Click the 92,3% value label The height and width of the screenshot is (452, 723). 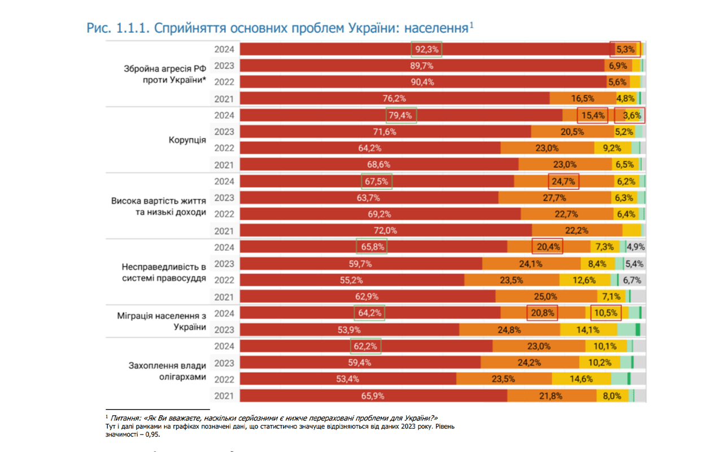tap(426, 50)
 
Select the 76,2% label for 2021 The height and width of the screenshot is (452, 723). tap(394, 98)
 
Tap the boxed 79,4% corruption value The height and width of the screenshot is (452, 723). tap(400, 115)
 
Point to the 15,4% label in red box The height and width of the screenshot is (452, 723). tap(592, 115)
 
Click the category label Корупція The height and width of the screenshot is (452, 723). tap(187, 140)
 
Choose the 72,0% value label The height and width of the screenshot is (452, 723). tap(385, 231)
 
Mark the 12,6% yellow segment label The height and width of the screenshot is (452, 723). tap(584, 280)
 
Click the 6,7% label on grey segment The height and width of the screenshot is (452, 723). tap(633, 280)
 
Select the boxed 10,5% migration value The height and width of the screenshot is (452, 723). tap(606, 313)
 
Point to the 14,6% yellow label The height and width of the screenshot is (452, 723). tap(581, 379)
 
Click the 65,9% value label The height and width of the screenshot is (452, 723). tap(373, 396)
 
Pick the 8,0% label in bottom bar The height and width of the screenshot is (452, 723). tap(612, 396)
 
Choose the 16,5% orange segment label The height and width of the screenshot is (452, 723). tap(583, 98)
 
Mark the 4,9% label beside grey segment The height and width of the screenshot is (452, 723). tap(635, 247)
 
